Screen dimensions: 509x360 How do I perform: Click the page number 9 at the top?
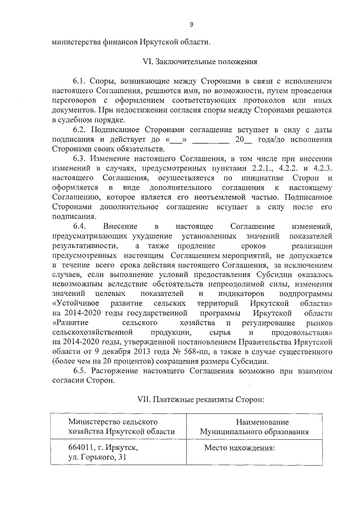pos(191,24)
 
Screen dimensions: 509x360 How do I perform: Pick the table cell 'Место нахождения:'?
pos(238,449)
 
